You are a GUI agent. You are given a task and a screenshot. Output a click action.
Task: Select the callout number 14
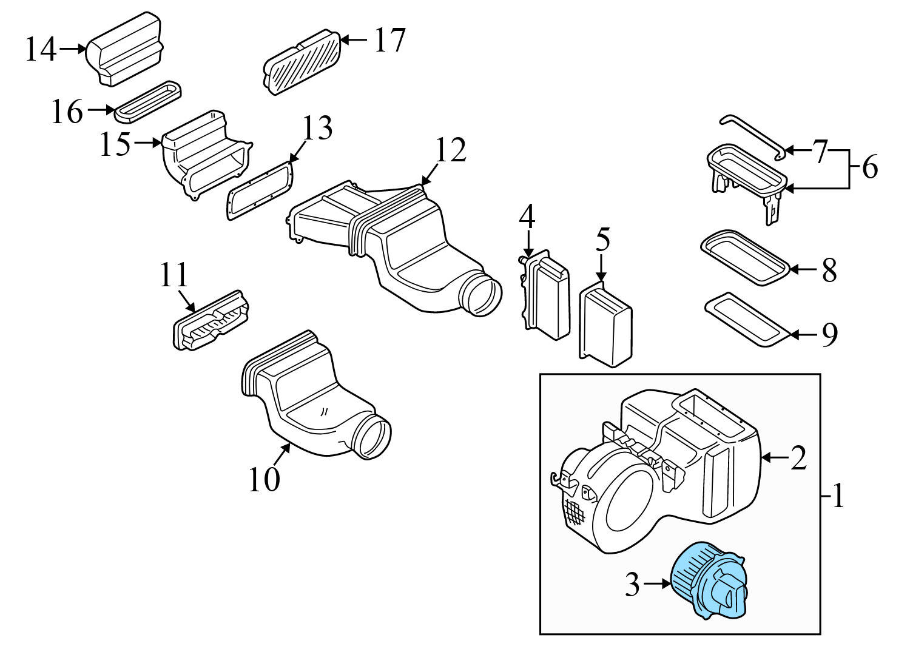41,50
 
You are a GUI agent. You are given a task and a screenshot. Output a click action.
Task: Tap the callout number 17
389,40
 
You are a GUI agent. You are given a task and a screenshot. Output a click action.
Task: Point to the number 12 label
450,150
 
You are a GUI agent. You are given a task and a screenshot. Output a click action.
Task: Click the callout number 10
264,479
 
